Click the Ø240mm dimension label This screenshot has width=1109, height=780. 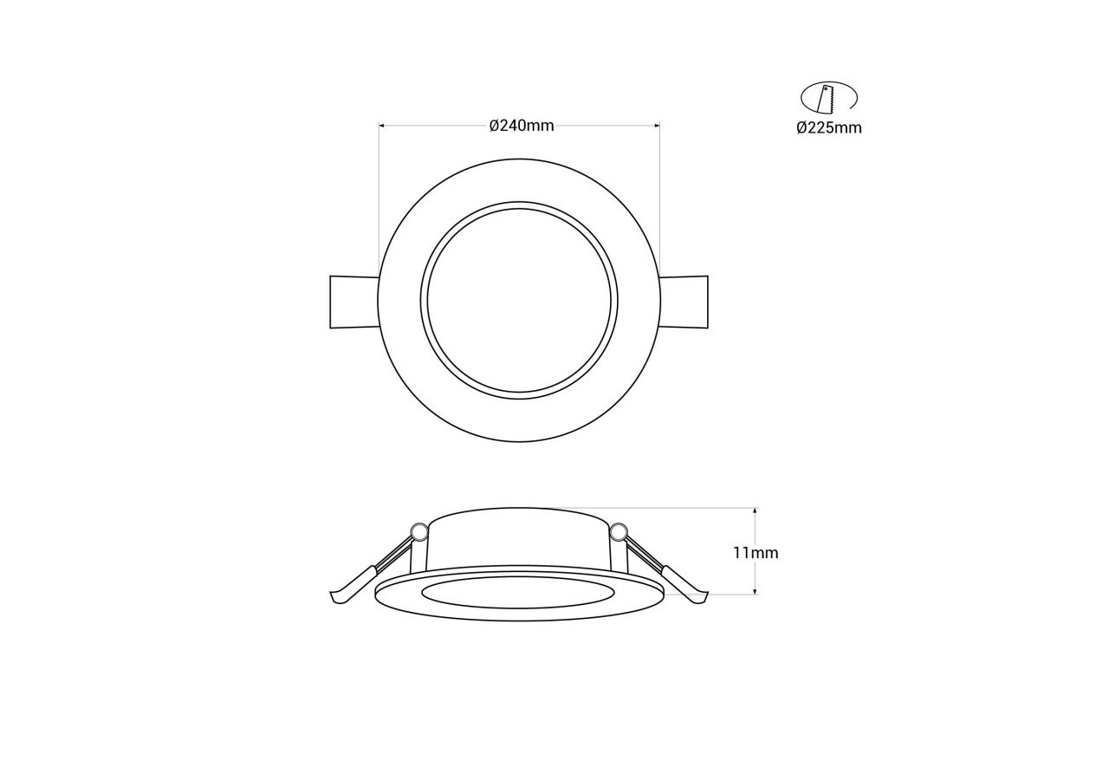point(521,126)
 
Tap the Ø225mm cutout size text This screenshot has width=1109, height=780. point(829,128)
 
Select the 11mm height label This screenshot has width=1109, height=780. point(756,553)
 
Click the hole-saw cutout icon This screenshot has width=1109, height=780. point(827,97)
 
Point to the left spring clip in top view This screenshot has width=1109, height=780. point(354,302)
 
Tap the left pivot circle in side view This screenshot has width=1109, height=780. point(419,531)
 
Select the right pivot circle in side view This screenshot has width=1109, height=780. point(618,531)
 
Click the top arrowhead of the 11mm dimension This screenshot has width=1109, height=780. point(756,511)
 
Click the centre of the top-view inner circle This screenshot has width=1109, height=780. point(519,301)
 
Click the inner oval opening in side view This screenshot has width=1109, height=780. point(518,593)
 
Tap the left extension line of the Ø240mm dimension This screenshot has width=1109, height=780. point(379,199)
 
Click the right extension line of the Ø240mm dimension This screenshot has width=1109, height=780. point(659,199)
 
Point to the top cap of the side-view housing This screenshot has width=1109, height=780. point(518,518)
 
